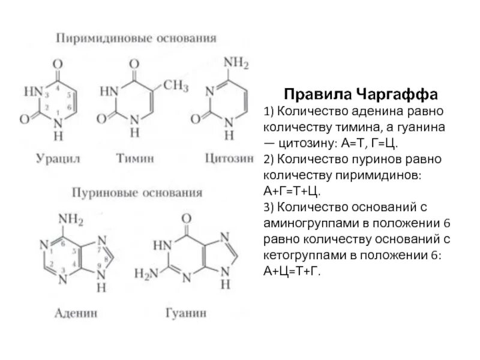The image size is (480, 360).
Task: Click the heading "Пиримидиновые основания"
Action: [x=136, y=39]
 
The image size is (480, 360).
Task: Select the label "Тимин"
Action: [x=136, y=158]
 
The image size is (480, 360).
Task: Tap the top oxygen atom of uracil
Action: [x=57, y=62]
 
